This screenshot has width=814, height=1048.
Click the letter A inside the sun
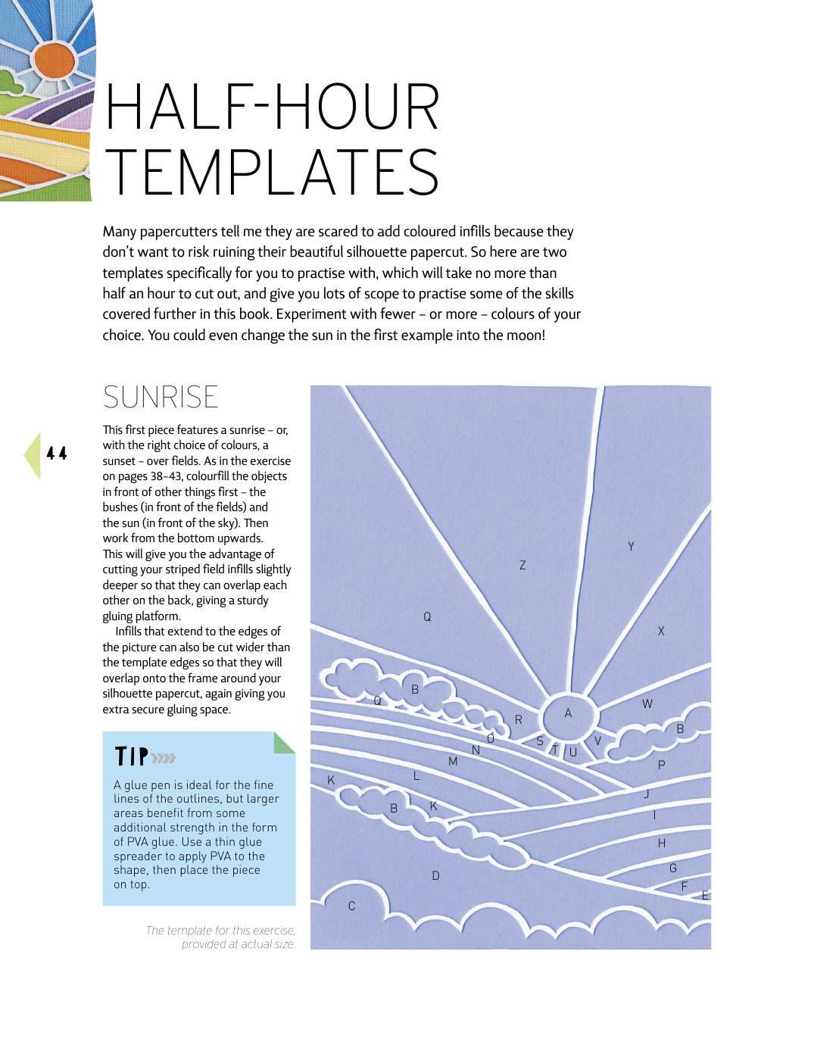pyautogui.click(x=568, y=713)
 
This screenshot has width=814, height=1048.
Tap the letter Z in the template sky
pyautogui.click(x=522, y=565)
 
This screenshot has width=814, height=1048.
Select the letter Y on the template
pyautogui.click(x=631, y=546)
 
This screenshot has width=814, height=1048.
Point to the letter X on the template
pyautogui.click(x=661, y=631)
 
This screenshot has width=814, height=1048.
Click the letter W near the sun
pyautogui.click(x=647, y=703)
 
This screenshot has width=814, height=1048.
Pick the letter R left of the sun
pyautogui.click(x=519, y=720)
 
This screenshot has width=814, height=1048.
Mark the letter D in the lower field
pyautogui.click(x=435, y=875)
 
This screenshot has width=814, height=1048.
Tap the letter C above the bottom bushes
pyautogui.click(x=351, y=906)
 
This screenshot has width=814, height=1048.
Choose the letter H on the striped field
pyautogui.click(x=662, y=843)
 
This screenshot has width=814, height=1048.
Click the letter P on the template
pyautogui.click(x=662, y=765)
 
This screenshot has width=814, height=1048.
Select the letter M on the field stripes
pyautogui.click(x=453, y=761)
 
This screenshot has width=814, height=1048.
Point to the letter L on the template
pyautogui.click(x=416, y=775)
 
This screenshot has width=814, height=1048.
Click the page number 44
pyautogui.click(x=57, y=454)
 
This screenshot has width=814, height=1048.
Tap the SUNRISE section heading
pyautogui.click(x=161, y=398)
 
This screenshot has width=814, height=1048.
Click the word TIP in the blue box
pyautogui.click(x=132, y=756)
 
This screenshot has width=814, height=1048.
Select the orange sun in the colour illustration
pyautogui.click(x=55, y=61)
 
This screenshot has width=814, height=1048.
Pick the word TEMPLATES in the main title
pyautogui.click(x=272, y=172)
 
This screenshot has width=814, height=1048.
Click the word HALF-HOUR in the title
pyautogui.click(x=272, y=107)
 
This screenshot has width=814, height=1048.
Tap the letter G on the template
pyautogui.click(x=673, y=868)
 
